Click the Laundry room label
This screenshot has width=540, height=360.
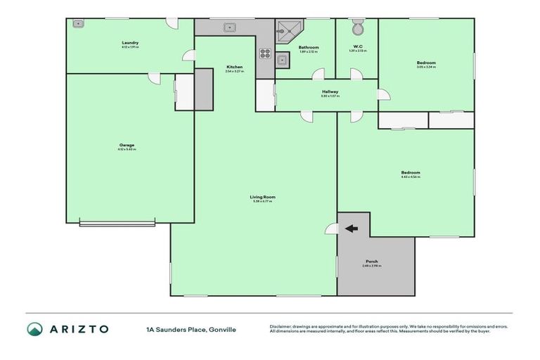(129, 43)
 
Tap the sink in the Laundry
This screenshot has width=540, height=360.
(79, 24)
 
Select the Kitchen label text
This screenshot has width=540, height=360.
(234, 67)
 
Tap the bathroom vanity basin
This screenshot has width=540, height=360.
(281, 60)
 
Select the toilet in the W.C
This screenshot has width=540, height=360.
(357, 28)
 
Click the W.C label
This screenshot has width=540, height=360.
(357, 47)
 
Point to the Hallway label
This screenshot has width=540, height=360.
(330, 91)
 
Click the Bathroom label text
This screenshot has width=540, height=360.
(309, 47)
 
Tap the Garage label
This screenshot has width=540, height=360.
(127, 146)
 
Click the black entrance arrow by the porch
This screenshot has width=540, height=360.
(352, 228)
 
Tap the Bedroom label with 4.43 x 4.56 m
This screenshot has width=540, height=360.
(411, 172)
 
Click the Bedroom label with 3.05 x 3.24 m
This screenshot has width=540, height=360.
(426, 63)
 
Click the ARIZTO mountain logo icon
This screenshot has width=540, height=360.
(34, 329)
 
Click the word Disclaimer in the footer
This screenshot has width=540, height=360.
(281, 326)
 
